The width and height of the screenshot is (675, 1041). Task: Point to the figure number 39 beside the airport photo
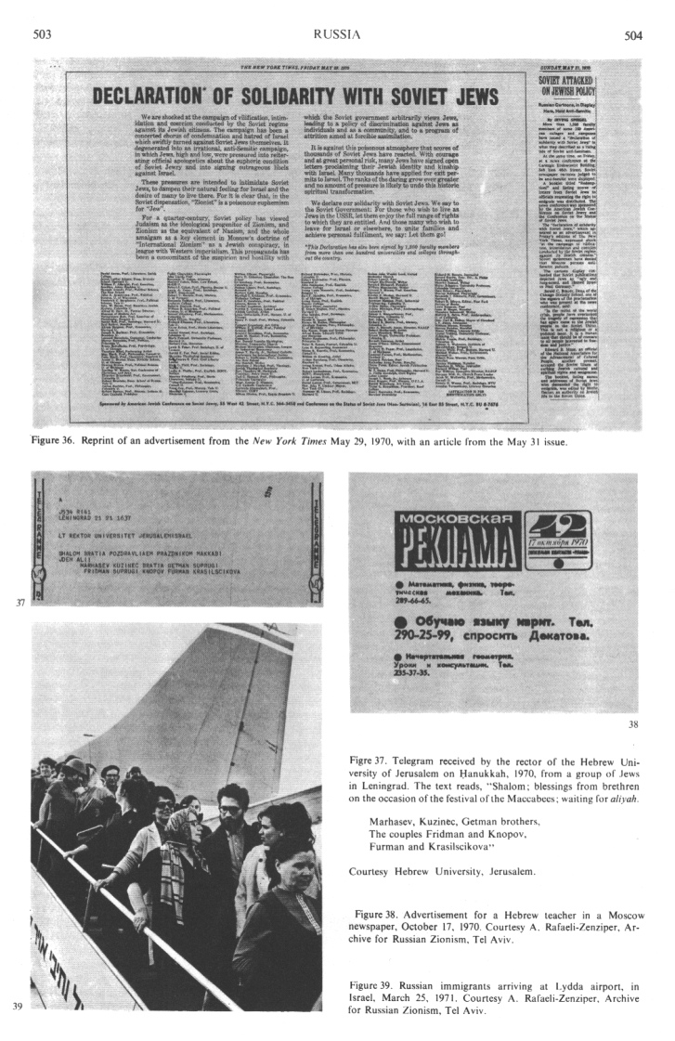tap(19, 1004)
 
